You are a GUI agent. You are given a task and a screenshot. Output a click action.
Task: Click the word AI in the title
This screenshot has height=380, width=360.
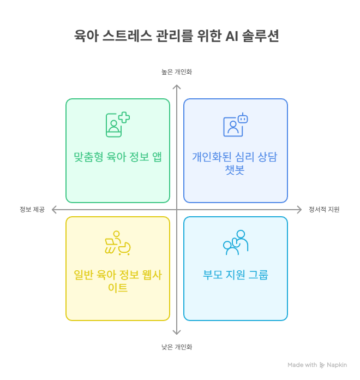tap(233, 37)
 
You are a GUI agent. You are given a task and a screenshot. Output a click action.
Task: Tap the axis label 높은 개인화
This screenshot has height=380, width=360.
tap(176, 72)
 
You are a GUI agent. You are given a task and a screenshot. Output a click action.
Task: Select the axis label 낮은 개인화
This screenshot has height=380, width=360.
tap(176, 347)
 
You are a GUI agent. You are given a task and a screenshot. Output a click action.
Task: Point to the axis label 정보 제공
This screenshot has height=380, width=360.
tap(32, 209)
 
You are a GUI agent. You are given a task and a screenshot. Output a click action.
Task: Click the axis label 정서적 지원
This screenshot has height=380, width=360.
tap(324, 209)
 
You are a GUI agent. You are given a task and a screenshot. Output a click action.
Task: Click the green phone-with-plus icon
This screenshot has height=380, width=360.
tap(117, 124)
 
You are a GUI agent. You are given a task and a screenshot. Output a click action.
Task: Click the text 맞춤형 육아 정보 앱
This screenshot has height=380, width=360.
tap(118, 157)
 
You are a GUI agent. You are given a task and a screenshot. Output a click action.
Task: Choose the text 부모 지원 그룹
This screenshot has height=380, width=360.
tap(236, 275)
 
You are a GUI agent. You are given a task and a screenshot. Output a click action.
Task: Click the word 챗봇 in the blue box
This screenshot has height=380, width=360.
tap(235, 170)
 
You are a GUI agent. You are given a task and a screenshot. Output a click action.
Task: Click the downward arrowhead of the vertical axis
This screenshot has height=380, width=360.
tap(177, 332)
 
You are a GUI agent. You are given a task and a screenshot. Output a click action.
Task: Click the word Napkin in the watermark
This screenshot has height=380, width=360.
tap(337, 365)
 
